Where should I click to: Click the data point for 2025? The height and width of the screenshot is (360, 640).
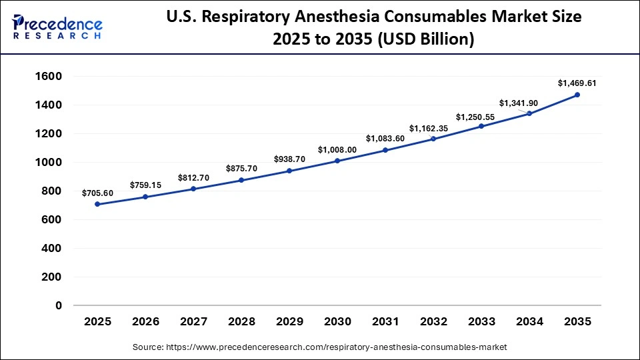[x=97, y=204]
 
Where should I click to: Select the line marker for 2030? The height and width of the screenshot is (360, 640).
[x=337, y=161]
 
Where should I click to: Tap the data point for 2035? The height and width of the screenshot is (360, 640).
[x=577, y=95]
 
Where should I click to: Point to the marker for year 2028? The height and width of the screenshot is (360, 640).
[x=241, y=180]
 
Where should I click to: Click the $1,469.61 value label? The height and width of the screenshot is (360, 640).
[x=577, y=83]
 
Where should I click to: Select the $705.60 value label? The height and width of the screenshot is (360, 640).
[x=97, y=193]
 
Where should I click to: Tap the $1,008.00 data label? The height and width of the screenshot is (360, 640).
[x=337, y=149]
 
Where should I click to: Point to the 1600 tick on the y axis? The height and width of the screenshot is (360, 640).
[x=48, y=77]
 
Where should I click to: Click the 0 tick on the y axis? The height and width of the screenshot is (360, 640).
[x=58, y=305]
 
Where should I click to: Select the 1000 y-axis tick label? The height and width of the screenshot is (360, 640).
[x=48, y=163]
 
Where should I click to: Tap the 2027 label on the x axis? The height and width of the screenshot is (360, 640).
[x=193, y=322]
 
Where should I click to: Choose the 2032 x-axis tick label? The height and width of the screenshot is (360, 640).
[x=433, y=322]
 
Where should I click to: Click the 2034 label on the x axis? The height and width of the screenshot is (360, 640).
[x=529, y=322]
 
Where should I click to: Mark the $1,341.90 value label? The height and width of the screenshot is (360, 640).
[x=520, y=103]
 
